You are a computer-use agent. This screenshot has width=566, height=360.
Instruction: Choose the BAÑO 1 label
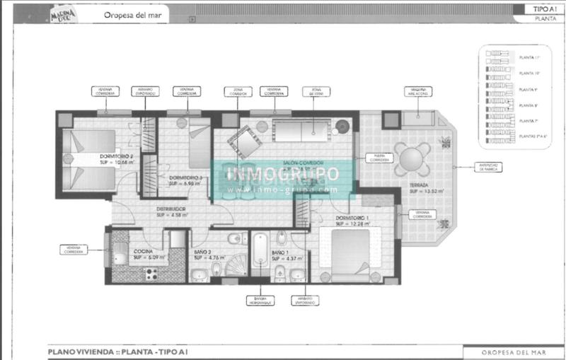281,253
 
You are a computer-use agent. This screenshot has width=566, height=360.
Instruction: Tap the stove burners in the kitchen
149,272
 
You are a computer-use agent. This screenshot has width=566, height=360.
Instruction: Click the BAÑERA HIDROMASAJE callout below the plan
260,301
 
